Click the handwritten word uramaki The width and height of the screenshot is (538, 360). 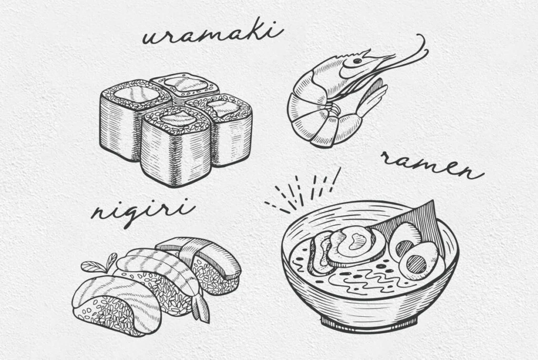[x=213, y=34]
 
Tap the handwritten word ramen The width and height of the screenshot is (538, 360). [x=432, y=165]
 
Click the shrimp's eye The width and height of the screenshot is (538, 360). [x=357, y=61]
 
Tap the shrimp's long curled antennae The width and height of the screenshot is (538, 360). [x=408, y=54]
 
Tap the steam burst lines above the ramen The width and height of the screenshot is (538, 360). [x=302, y=190]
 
